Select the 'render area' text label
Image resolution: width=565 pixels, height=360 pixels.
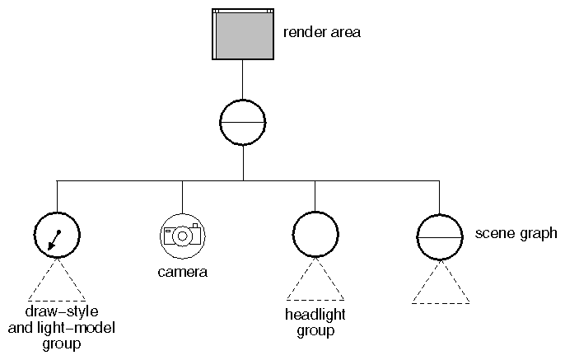[x=321, y=33]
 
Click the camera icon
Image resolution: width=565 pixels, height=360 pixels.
[x=182, y=235]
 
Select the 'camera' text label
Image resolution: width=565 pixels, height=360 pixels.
[x=182, y=271]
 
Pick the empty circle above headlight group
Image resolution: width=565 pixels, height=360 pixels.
[x=315, y=235]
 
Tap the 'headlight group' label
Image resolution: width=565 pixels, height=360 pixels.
[x=315, y=323]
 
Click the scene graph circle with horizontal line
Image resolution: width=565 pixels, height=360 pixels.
[x=440, y=236]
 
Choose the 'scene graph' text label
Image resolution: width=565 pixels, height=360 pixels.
[x=517, y=234]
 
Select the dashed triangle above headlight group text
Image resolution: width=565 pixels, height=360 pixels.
[x=315, y=283]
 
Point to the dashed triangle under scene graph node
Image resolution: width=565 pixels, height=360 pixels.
[x=440, y=285]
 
